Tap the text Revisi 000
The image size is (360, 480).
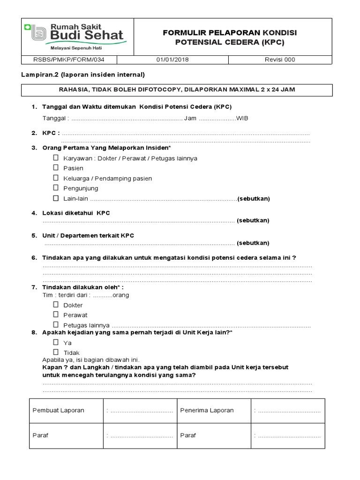280,60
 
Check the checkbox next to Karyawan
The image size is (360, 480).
56,158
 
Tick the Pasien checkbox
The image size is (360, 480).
56,168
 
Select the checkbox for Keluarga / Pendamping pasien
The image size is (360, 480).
56,178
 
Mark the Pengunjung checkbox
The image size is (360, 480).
56,188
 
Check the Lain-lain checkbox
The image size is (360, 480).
56,198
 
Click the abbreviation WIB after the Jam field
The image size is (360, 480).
242,118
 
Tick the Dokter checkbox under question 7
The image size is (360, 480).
56,305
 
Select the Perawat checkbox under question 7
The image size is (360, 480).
56,315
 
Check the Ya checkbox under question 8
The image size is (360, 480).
56,342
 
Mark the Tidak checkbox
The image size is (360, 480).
56,352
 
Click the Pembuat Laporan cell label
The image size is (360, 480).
58,410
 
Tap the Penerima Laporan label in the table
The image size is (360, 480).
207,410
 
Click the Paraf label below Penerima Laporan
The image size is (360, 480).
188,435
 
